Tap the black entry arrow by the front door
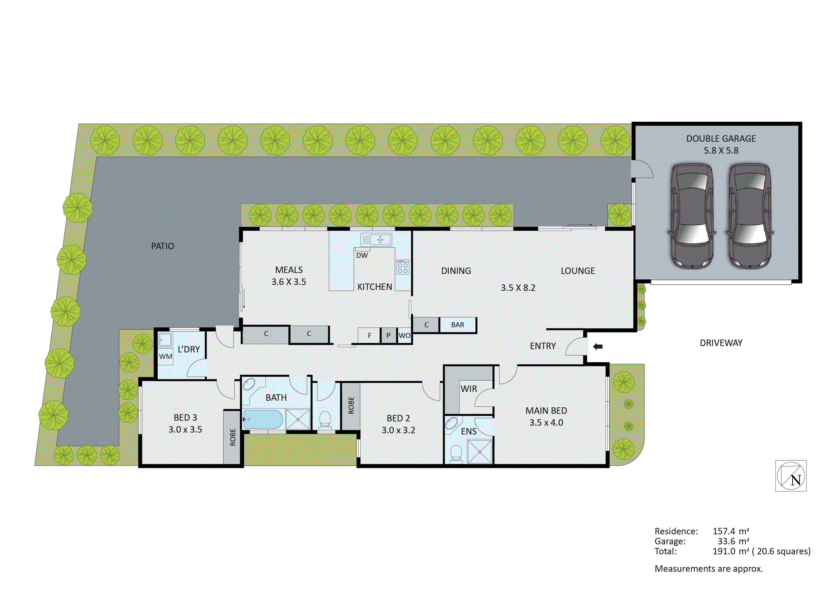click(598, 346)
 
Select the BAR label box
click(458, 325)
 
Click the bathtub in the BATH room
click(263, 419)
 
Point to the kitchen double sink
click(376, 239)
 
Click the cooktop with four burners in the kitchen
click(403, 267)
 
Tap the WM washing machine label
click(165, 356)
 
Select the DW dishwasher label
click(362, 255)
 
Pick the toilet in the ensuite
click(456, 454)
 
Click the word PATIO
click(163, 246)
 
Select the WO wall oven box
click(404, 335)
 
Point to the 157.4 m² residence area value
click(731, 531)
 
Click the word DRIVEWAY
click(721, 343)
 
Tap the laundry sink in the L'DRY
click(165, 340)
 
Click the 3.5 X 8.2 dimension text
click(518, 288)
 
